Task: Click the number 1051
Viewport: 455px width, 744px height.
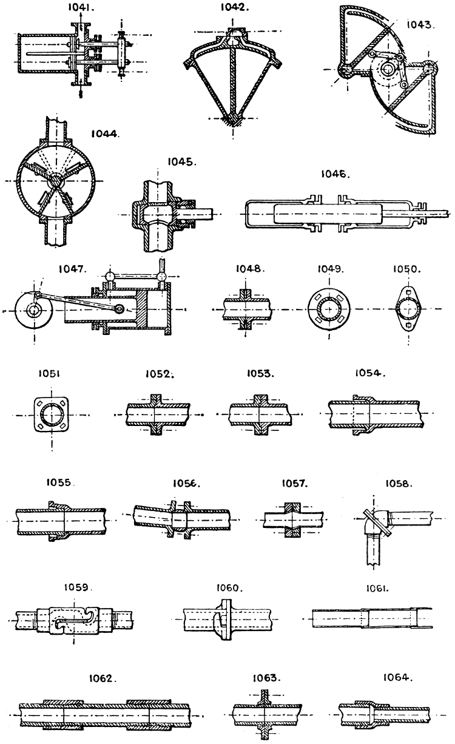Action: pyautogui.click(x=50, y=374)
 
